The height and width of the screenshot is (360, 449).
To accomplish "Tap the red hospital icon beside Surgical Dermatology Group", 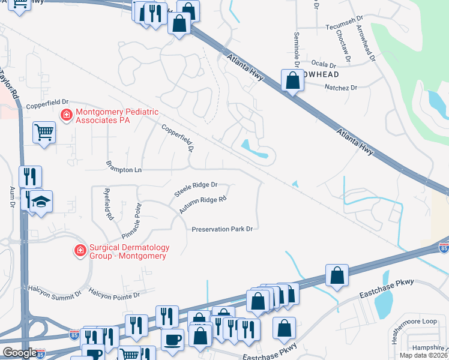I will click(x=79, y=251).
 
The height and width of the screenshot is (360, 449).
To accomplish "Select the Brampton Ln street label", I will click(x=124, y=170).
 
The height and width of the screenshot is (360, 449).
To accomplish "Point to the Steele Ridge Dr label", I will click(x=196, y=190).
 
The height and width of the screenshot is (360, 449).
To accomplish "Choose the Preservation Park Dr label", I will click(x=221, y=229).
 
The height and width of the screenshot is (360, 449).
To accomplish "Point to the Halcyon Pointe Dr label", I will click(x=114, y=295).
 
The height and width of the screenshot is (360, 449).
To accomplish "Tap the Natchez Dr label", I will click(x=340, y=88).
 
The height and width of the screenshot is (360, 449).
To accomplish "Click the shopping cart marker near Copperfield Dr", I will click(x=44, y=132).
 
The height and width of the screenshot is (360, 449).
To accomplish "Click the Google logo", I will click(x=20, y=353).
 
